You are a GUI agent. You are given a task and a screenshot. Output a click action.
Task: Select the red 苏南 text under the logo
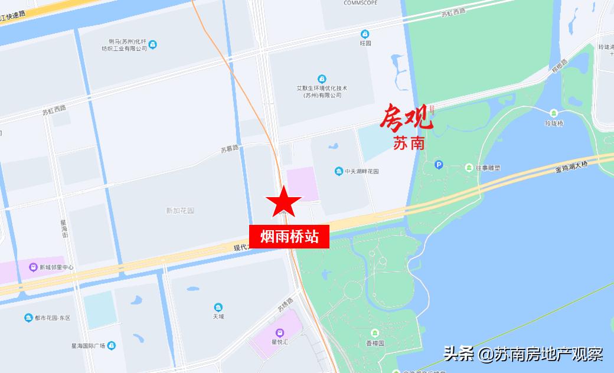tap(409, 143)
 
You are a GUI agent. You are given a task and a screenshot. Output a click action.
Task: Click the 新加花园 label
tap(180, 211)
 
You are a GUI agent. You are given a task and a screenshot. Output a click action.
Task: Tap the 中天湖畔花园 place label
tap(362, 172)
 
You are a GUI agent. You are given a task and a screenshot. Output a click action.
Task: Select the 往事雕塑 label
tap(488, 168)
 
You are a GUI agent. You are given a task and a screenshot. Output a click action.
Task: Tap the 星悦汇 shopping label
tap(279, 341)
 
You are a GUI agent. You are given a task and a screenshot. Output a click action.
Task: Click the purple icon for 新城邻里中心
tap(34, 267)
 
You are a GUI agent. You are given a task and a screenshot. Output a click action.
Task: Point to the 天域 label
tap(218, 316)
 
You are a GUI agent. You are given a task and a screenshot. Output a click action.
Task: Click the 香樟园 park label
tap(375, 343)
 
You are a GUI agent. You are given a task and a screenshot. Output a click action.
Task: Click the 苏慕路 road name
tap(229, 149)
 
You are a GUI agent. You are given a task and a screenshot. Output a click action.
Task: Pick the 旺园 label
tap(365, 43)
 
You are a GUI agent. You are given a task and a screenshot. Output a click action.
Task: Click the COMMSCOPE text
tap(361, 3)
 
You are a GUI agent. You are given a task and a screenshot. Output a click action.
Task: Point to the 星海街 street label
tap(65, 230)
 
